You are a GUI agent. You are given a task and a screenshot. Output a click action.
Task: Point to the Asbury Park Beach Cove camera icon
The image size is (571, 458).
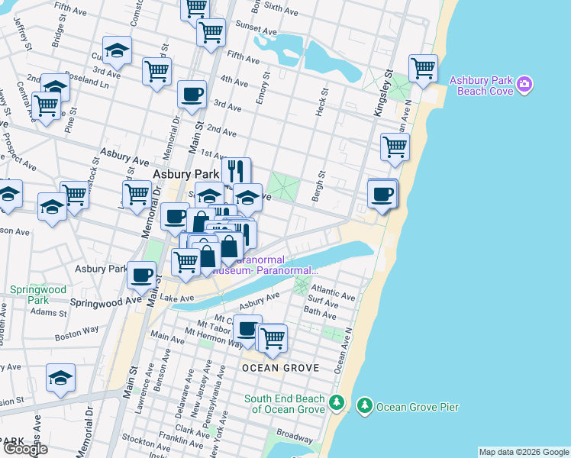point(524,85)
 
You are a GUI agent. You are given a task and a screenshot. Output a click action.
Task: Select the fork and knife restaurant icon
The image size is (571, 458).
point(237,170)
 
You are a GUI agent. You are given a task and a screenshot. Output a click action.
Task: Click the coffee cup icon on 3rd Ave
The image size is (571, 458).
point(192,95)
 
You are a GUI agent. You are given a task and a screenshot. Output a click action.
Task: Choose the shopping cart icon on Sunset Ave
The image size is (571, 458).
point(211,33)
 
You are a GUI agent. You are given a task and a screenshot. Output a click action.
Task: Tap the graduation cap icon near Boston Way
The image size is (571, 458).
point(60,378)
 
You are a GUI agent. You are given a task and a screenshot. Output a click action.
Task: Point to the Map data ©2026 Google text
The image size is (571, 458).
point(524,452)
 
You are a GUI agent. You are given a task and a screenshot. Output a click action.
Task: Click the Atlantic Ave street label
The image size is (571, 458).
point(339,295)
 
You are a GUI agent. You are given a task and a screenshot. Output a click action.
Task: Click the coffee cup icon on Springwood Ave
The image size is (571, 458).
point(141,275)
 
